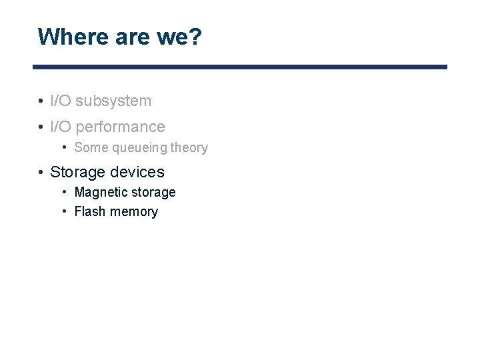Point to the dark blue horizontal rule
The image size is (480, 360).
click(x=240, y=67)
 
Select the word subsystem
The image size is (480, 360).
click(x=113, y=101)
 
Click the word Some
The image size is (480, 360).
click(x=89, y=148)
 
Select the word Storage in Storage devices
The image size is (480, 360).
click(x=78, y=172)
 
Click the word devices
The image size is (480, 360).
click(x=137, y=172)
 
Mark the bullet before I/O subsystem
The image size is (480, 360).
click(x=41, y=101)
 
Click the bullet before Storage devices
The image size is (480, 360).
click(x=41, y=172)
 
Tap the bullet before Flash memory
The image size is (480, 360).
click(x=65, y=212)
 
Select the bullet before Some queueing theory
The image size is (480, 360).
click(x=65, y=148)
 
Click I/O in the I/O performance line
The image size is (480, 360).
click(x=61, y=127)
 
